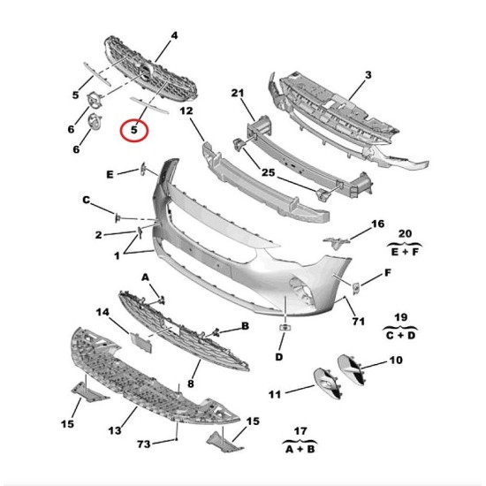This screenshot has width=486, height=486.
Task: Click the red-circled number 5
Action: (134, 130)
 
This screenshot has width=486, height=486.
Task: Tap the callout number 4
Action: (174, 35)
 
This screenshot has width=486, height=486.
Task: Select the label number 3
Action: (368, 75)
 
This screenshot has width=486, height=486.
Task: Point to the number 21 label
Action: (238, 93)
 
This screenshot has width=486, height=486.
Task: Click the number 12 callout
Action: (186, 110)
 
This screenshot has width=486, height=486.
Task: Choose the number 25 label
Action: (269, 172)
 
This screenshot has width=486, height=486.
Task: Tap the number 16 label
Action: (378, 224)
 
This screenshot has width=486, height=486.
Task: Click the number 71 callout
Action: (358, 321)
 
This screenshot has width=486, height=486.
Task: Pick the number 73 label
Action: (144, 444)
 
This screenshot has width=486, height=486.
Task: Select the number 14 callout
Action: (103, 312)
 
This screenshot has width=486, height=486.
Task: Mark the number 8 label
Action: (191, 383)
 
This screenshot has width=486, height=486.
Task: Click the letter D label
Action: (279, 357)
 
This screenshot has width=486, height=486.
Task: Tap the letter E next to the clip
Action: (110, 174)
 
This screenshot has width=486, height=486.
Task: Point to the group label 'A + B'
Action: (300, 449)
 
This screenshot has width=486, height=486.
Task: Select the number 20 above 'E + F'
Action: (405, 233)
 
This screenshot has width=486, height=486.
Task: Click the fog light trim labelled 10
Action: (351, 370)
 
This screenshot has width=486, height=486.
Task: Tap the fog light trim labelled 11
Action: (328, 383)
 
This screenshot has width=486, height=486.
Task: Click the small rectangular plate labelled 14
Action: (141, 343)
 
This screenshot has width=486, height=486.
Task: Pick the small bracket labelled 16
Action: (336, 242)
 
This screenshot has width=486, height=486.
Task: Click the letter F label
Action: (388, 273)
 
